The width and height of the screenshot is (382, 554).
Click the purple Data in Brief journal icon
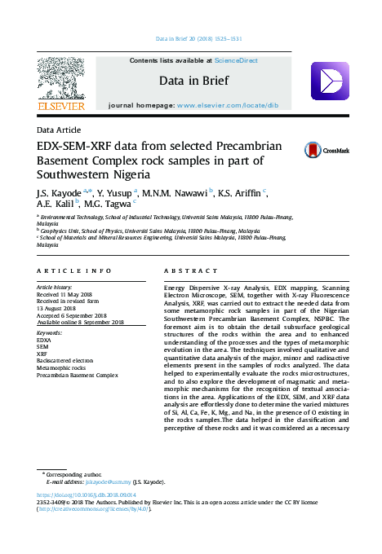point(330,81)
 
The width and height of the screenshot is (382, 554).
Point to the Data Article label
point(58,130)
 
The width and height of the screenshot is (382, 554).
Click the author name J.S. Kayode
point(55,193)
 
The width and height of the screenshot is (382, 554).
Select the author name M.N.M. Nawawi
point(175,193)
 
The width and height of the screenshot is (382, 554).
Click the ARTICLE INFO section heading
point(73,270)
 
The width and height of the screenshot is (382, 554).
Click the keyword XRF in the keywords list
point(42,353)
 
